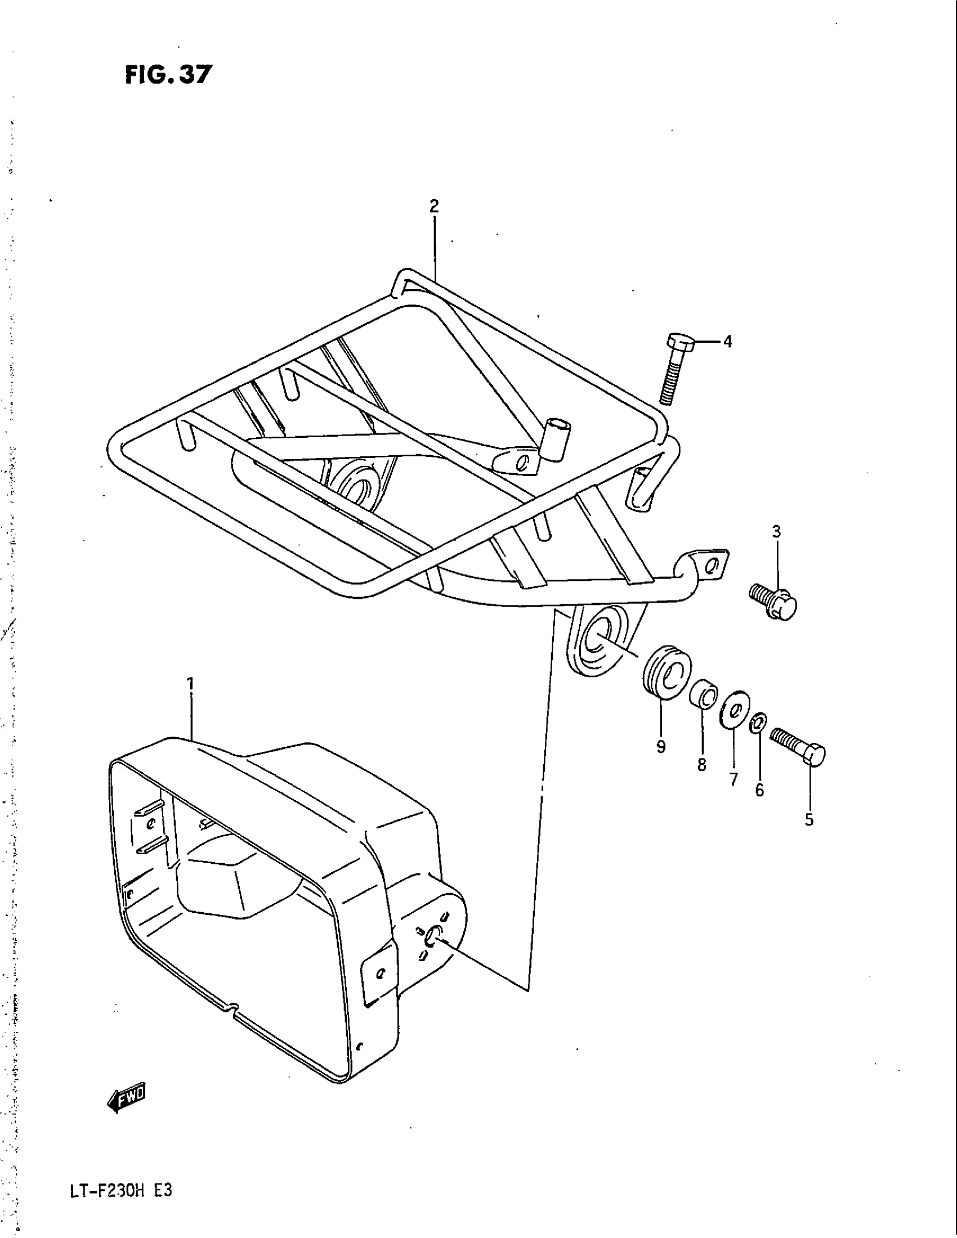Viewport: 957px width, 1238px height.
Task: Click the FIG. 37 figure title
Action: pos(168,74)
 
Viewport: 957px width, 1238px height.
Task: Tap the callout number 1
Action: pos(190,684)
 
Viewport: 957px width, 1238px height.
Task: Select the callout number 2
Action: pos(433,207)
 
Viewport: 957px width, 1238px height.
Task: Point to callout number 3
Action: pos(777,532)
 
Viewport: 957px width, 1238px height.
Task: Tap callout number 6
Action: pos(760,790)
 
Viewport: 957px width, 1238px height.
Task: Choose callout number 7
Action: pos(734,780)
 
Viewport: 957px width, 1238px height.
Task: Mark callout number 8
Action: pos(702,765)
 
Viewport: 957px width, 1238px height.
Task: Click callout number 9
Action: pos(661,747)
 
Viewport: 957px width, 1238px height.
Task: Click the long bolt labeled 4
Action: pos(672,369)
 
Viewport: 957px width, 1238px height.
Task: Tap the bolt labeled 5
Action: pos(798,746)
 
